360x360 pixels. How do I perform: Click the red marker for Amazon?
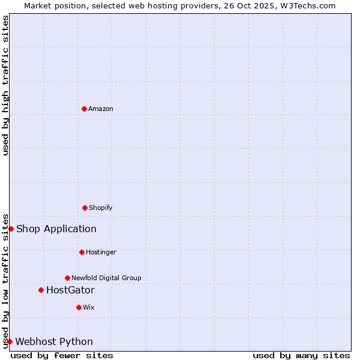point(84,109)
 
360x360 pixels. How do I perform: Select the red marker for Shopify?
point(85,208)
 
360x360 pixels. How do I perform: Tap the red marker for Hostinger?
point(82,252)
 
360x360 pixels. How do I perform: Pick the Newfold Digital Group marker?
point(67,278)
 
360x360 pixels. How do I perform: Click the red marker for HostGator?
point(41,290)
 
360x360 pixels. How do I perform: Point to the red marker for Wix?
point(79,307)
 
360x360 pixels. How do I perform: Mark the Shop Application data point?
point(11,229)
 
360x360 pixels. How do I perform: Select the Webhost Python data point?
point(10,341)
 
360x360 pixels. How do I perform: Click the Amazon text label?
point(101,109)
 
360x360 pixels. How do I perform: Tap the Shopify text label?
point(101,208)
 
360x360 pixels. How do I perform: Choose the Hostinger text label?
point(101,252)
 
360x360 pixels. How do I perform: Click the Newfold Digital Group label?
point(106,278)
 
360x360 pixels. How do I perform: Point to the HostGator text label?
point(70,290)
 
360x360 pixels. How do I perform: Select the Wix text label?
point(89,307)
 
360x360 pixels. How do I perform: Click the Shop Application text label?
point(56,229)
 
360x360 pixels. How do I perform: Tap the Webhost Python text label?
point(54,342)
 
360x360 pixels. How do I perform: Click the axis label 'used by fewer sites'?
point(62,355)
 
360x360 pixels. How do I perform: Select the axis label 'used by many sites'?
point(301,355)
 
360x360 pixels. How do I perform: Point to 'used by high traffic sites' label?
point(5,85)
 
